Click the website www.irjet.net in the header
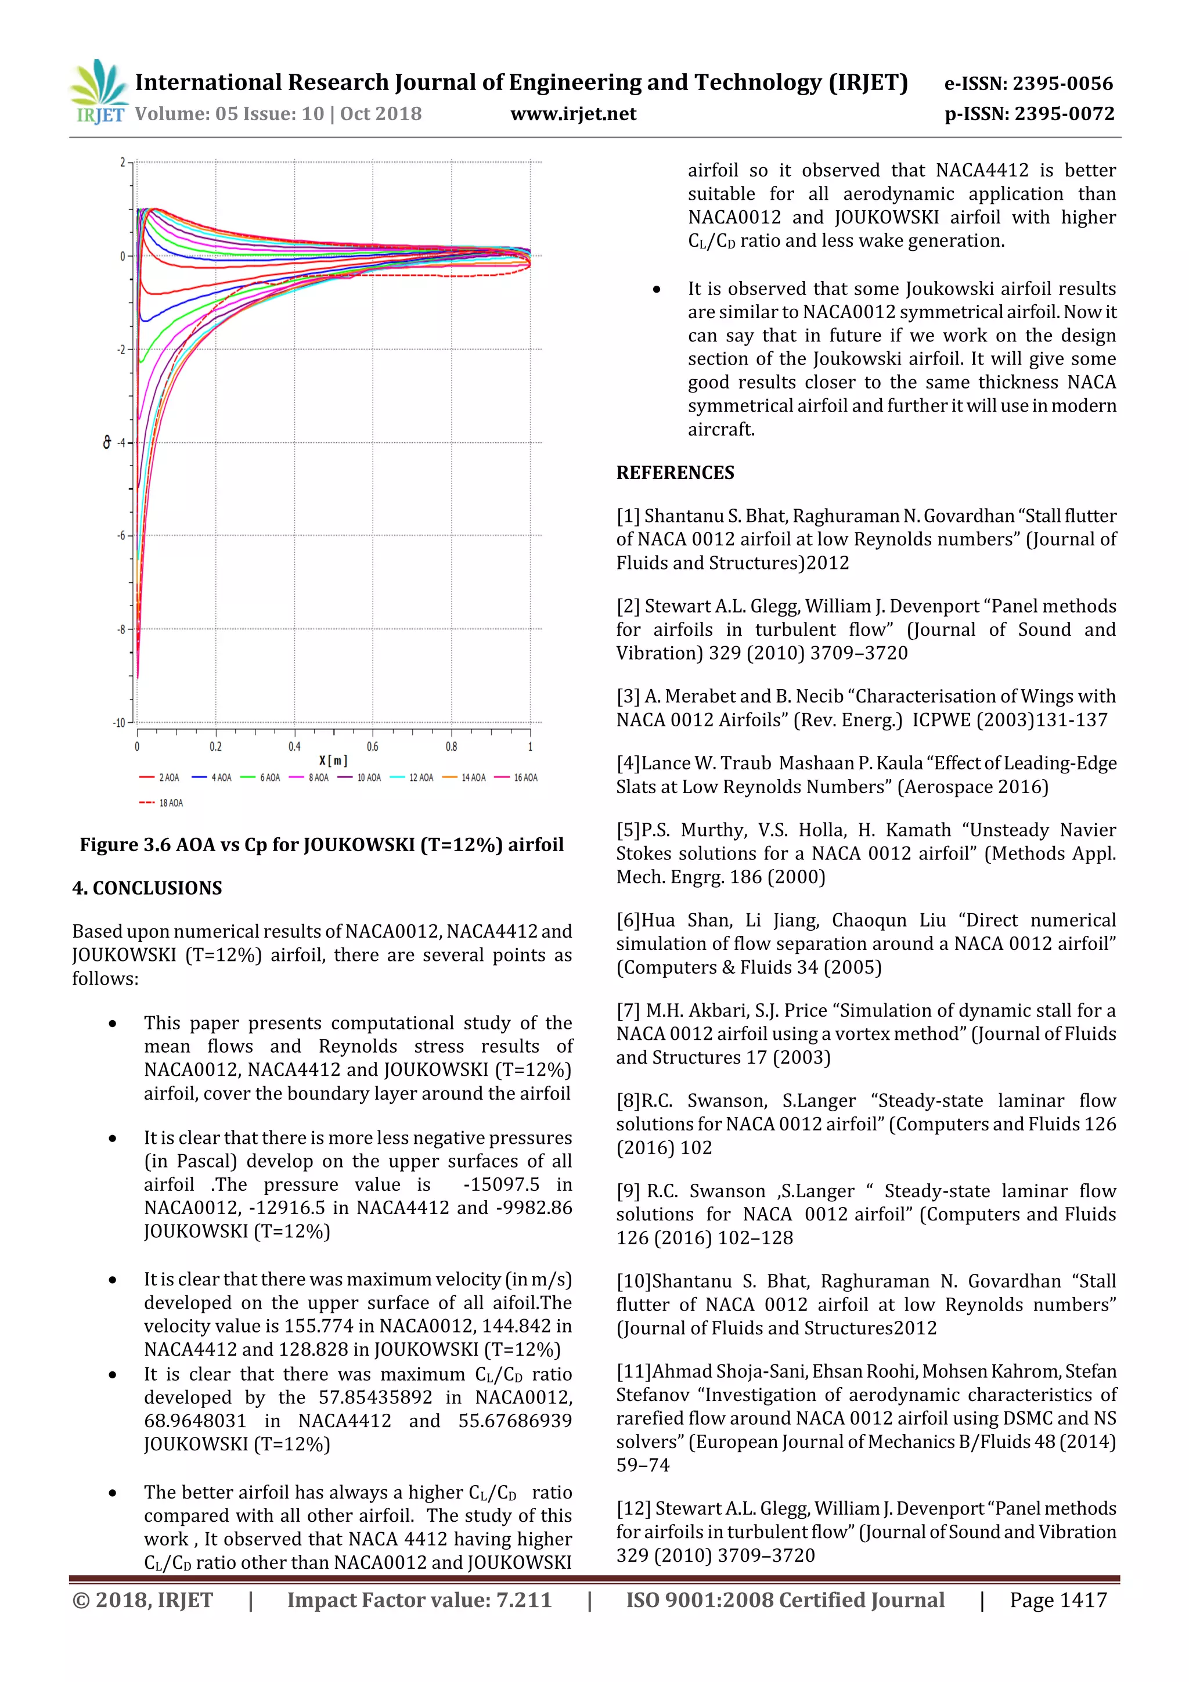coord(573,114)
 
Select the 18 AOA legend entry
coord(162,803)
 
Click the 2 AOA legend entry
coord(160,777)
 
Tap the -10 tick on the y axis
coord(118,722)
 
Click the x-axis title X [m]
coord(333,761)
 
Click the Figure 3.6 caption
coord(322,845)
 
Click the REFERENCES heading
coord(675,473)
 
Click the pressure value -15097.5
coord(501,1184)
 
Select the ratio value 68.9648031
coord(195,1421)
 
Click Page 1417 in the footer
coord(1058,1600)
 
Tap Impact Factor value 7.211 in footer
coord(419,1600)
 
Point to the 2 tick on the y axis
coord(122,162)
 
